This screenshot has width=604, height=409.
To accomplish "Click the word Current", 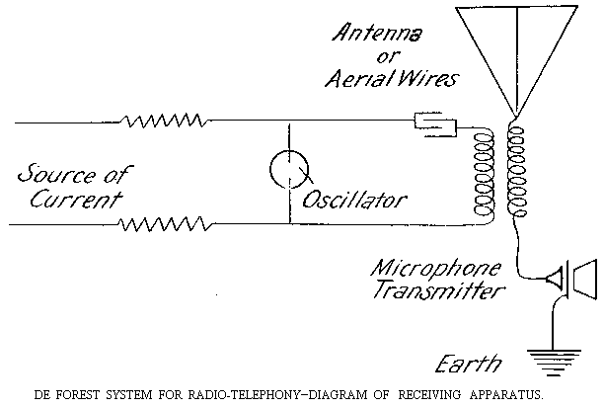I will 70,199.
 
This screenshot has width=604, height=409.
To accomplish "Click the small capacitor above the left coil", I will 433,123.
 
